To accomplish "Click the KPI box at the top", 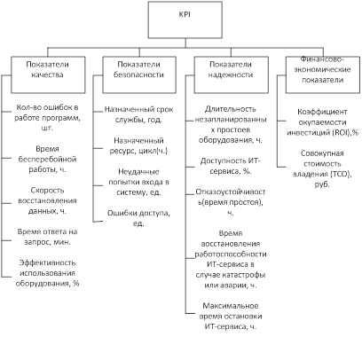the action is click(x=185, y=20).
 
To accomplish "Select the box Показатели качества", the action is click(x=48, y=75).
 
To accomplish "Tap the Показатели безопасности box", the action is click(x=139, y=75).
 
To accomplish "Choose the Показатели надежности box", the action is click(x=232, y=75).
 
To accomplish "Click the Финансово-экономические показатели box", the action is click(x=323, y=75).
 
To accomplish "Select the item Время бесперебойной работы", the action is click(x=47, y=159).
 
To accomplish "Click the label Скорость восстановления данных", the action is click(x=47, y=200).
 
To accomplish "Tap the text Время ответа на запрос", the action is click(x=47, y=237).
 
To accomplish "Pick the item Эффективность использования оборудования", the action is click(x=47, y=273).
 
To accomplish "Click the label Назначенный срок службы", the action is click(x=138, y=114).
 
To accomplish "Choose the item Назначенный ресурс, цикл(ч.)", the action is click(x=138, y=145).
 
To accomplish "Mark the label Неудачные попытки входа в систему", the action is click(x=138, y=182).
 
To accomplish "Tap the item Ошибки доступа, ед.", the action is click(x=138, y=218).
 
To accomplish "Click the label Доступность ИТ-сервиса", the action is click(x=231, y=166).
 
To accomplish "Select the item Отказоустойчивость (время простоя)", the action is click(x=231, y=202).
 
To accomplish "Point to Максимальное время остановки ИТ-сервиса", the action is click(x=231, y=316).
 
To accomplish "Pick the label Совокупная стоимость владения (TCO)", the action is click(x=322, y=168).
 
